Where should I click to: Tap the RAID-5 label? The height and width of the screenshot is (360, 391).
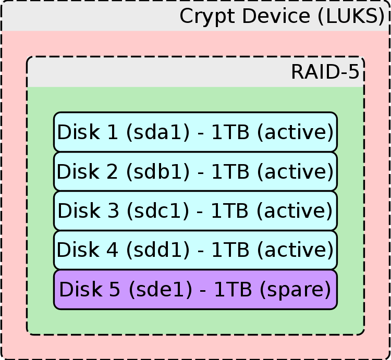pos(325,72)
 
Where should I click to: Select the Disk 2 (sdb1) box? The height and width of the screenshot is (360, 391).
pos(195,171)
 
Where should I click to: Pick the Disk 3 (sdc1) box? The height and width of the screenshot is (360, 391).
pos(195,210)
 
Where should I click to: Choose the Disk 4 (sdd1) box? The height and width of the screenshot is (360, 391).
pos(195,250)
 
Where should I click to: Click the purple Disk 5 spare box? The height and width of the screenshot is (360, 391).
pos(195,289)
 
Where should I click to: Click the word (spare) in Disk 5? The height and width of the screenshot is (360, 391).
pos(298,289)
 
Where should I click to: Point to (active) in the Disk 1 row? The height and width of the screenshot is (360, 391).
pos(295,132)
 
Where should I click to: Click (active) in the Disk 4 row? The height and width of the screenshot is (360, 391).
pos(295,250)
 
